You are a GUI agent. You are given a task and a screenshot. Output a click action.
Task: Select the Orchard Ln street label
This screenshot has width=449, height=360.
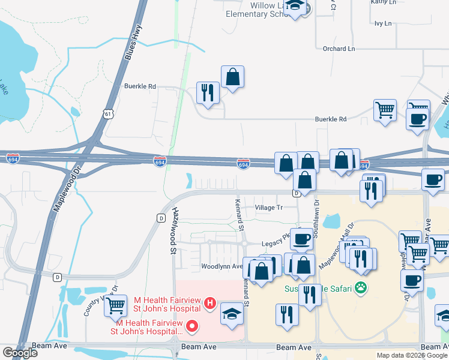339,49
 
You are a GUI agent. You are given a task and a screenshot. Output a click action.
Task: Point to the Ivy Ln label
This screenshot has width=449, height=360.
382,24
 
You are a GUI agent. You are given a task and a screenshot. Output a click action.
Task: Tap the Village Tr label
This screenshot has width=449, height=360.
268,208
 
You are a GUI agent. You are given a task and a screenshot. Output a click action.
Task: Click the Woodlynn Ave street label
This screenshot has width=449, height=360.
221,266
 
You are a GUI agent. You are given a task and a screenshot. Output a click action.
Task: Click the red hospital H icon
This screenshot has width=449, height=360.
210,304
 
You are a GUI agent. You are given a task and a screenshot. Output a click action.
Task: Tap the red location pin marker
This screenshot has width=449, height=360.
192,326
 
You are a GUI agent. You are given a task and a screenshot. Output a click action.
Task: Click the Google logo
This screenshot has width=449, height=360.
19,353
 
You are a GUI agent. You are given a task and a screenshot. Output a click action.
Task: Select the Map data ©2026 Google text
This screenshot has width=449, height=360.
412,355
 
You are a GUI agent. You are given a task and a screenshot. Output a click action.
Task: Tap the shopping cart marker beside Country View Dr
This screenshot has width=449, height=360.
116,305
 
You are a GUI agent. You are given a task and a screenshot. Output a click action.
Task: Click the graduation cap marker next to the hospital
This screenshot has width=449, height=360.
232,313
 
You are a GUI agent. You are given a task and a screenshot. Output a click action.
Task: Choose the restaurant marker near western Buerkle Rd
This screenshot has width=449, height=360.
208,92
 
